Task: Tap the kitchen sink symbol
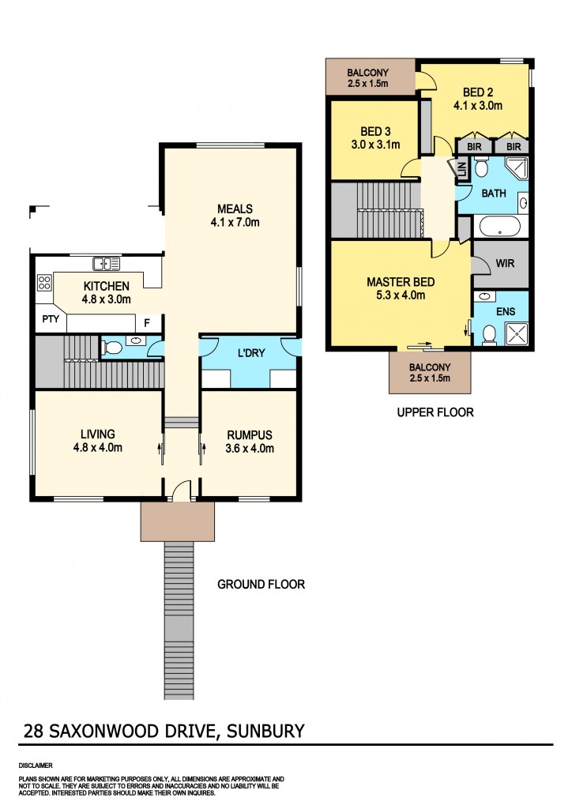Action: tap(105, 264)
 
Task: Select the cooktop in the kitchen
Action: tap(43, 282)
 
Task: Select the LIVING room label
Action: tap(98, 434)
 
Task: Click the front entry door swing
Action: tap(181, 491)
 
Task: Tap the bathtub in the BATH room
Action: tap(499, 227)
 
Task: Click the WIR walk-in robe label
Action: tap(505, 262)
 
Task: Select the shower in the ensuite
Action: tap(516, 336)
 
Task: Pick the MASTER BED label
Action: tap(400, 281)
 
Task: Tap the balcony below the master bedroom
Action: tap(430, 372)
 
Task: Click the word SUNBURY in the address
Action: tap(265, 731)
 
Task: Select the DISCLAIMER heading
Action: tap(35, 766)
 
